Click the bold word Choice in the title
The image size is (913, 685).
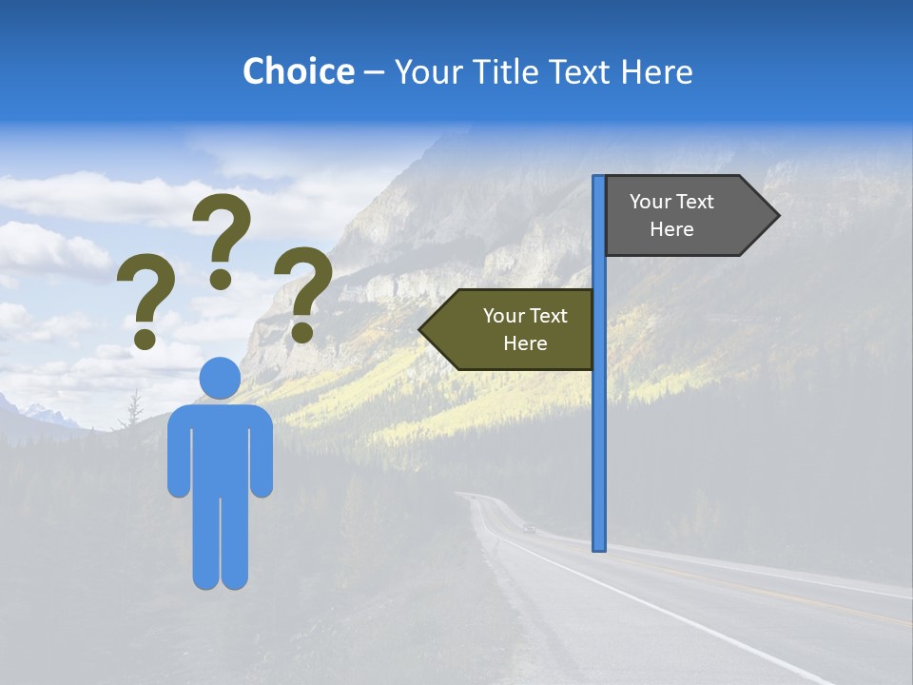click(298, 71)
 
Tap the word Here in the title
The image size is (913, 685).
click(656, 71)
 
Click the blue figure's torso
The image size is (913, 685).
click(220, 447)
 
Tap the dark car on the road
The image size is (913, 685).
click(529, 528)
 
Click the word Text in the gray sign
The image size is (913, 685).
click(694, 202)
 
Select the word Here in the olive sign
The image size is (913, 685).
click(525, 343)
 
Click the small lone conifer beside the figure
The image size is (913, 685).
click(134, 410)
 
